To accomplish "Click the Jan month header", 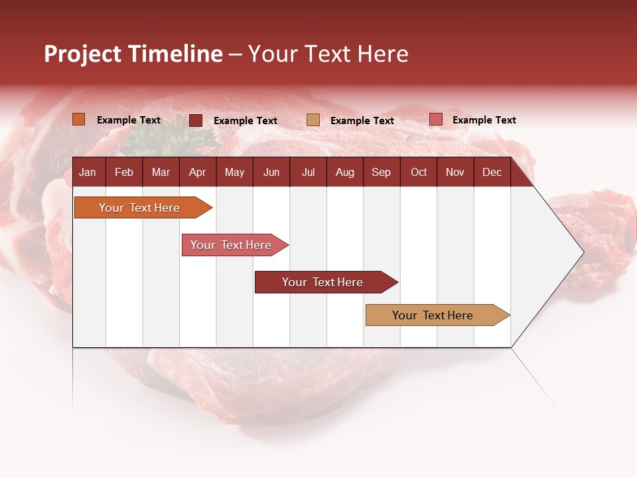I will coord(88,172).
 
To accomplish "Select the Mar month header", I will coord(161,172).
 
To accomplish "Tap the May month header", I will coord(234,172).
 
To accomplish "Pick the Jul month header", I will coord(308,172).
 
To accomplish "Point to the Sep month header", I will coord(381,172).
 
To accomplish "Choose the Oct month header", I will coord(419,172).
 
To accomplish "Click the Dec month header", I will coord(492,172).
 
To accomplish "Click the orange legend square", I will coord(79,119).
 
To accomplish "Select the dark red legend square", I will coord(196,120).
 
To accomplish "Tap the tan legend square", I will coord(313,120).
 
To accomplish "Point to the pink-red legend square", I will coord(435,119).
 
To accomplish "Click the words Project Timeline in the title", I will coord(133,54).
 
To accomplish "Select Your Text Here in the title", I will coord(328,54).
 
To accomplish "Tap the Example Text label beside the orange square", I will coord(129,120).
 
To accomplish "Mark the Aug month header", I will coord(344,172).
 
